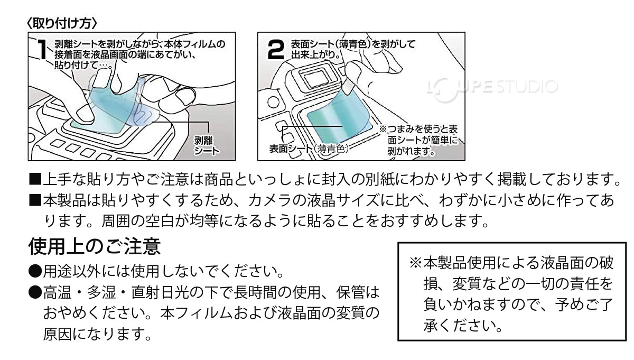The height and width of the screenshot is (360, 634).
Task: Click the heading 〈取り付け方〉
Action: coord(60,24)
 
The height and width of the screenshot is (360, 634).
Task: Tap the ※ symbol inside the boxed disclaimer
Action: coord(415,262)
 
